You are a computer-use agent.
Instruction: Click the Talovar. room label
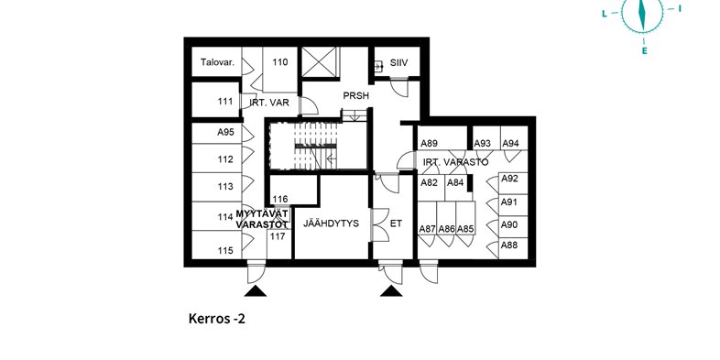coord(218,62)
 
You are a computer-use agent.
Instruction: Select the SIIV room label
coord(399,62)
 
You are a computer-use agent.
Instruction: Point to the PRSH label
coord(356,96)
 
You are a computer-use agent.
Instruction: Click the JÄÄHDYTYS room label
coord(331,224)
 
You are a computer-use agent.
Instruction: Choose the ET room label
coord(396,224)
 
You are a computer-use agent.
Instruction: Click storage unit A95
coord(217,134)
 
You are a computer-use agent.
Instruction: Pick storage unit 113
coord(217,187)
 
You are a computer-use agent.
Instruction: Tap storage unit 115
coord(217,245)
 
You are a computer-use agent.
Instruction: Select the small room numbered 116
coord(293,190)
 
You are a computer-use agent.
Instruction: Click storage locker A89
coord(442,138)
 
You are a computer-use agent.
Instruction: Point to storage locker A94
coord(514,138)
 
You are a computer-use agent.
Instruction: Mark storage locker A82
coord(431,188)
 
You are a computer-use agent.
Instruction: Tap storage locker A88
coord(513,248)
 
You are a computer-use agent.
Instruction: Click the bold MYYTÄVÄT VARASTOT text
coord(262,219)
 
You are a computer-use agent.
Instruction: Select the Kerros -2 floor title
coord(217,319)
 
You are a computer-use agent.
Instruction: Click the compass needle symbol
coord(642,13)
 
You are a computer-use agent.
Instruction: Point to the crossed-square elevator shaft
coord(320,62)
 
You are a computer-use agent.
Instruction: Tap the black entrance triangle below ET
coord(391,290)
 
